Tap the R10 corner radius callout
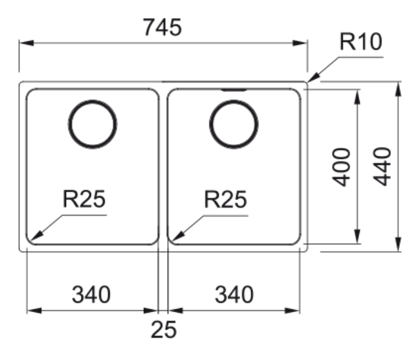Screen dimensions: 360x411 361,43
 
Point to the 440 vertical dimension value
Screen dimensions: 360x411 383,167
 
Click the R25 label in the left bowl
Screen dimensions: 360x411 85,201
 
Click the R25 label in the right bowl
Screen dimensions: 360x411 225,201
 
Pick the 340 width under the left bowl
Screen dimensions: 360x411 91,293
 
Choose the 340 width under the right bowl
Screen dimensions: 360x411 234,293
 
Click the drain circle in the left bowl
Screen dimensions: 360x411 93,125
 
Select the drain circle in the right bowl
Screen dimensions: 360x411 234,125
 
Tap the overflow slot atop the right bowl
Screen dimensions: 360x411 234,90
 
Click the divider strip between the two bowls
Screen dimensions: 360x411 163,165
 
